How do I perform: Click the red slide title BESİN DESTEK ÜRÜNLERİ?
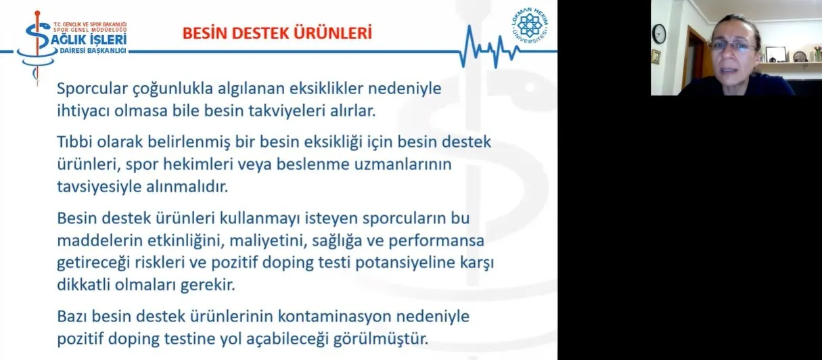click(277, 32)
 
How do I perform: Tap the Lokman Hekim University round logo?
click(530, 25)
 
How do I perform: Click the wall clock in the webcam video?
click(659, 34)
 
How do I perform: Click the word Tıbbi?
click(74, 141)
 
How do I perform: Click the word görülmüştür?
click(380, 339)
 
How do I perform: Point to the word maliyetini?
click(269, 240)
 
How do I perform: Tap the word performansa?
click(436, 240)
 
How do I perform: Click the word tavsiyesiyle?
click(99, 187)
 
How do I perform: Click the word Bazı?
click(72, 316)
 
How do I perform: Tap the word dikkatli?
click(83, 285)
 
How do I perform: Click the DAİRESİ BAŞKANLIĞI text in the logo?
click(93, 51)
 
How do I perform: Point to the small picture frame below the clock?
click(656, 57)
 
